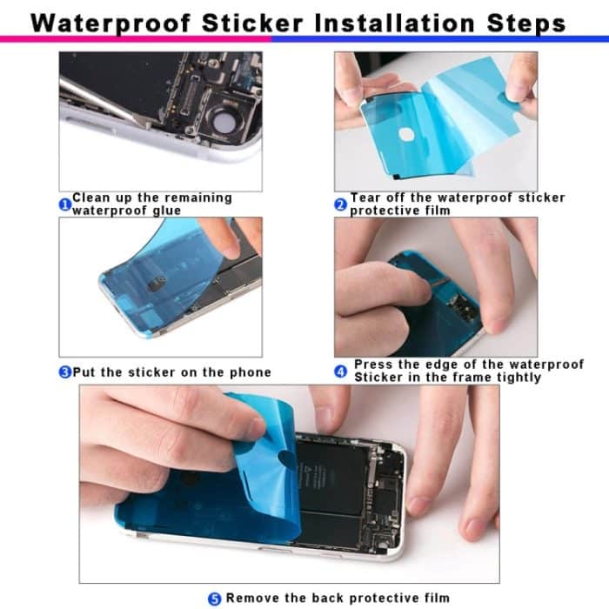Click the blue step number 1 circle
pyautogui.click(x=64, y=204)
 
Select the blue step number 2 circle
pyautogui.click(x=341, y=204)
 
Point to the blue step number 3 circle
pyautogui.click(x=64, y=372)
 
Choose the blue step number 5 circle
pyautogui.click(x=215, y=598)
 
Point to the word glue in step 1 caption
pyautogui.click(x=164, y=211)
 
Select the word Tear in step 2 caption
pyautogui.click(x=365, y=198)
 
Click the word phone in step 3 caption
pyautogui.click(x=251, y=372)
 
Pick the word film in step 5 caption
pyautogui.click(x=436, y=598)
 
